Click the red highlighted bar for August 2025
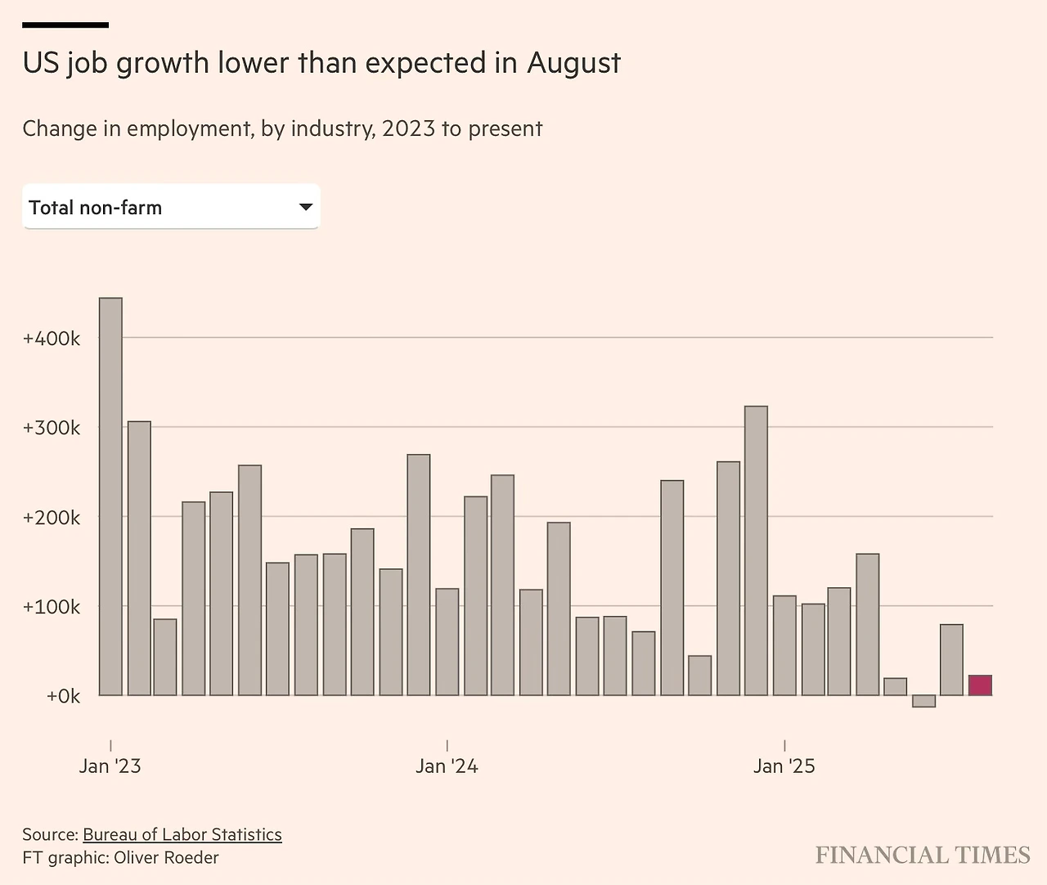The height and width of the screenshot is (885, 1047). (980, 685)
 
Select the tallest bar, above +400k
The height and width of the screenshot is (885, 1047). (110, 496)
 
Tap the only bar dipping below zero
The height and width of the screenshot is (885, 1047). (923, 701)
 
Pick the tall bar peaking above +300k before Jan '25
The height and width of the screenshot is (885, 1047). (756, 550)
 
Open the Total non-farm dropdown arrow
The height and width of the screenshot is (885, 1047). (306, 207)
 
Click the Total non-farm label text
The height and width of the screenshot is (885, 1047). (95, 208)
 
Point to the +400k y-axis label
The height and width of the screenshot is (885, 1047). (52, 339)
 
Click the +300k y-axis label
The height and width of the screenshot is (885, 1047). (52, 428)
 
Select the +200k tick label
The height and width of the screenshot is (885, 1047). (52, 518)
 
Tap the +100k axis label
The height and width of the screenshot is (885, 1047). (52, 607)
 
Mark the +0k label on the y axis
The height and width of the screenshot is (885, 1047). (63, 696)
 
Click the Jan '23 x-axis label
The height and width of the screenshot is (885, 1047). (110, 766)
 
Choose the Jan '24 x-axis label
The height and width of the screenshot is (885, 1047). (447, 766)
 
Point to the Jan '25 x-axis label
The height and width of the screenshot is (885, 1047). (784, 766)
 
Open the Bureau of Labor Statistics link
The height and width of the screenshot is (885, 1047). (182, 834)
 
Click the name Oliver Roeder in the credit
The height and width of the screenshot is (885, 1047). (166, 857)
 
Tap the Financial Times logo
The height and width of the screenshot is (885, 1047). (923, 856)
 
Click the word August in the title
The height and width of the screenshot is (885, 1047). (573, 63)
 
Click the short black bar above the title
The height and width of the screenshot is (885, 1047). (65, 25)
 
